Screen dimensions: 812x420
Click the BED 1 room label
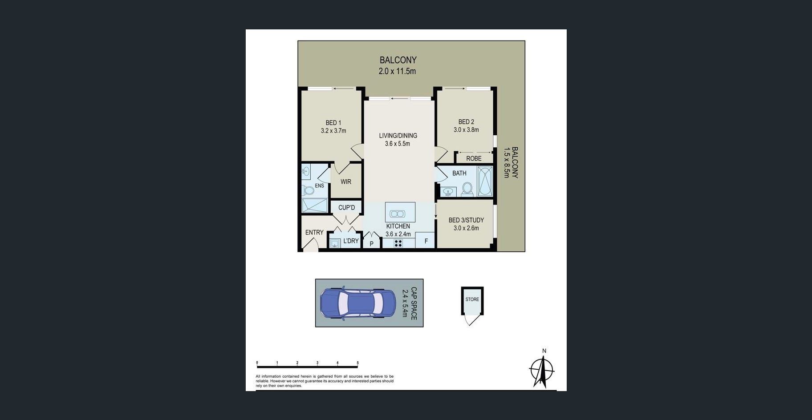[333, 123]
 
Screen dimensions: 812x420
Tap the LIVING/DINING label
[398, 136]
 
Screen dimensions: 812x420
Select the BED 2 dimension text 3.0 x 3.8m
[466, 130]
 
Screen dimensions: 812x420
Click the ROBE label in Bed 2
[474, 158]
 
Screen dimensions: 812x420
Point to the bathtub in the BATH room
[485, 181]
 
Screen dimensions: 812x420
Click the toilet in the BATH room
[467, 189]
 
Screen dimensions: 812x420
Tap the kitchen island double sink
[397, 214]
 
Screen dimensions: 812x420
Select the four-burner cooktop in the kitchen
[398, 243]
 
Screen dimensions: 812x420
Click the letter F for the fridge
[426, 242]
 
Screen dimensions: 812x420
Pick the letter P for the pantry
[371, 244]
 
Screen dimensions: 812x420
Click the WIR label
[346, 182]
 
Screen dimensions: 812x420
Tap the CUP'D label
[347, 207]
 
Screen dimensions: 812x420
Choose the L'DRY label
[351, 241]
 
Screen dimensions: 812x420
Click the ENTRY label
[314, 232]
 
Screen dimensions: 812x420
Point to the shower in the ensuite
[315, 206]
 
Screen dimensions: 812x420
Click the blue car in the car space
[358, 303]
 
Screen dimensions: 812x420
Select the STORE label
[472, 299]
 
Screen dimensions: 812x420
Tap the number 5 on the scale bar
[357, 363]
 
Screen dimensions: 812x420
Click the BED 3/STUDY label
[466, 220]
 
